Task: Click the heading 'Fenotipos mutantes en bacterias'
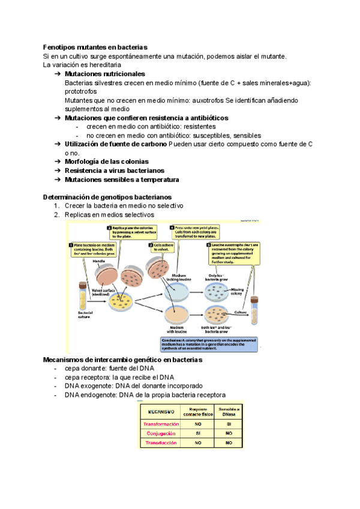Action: coord(95,47)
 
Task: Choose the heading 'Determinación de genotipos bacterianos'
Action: coord(107,197)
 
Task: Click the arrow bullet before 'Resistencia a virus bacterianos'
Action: coord(57,170)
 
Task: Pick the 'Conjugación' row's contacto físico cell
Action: coord(198,433)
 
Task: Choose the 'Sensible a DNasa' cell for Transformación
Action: coord(229,424)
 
